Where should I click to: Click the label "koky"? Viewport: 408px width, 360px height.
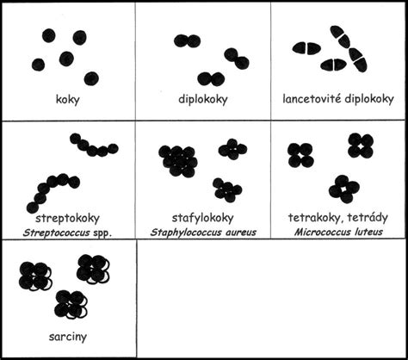[67, 100]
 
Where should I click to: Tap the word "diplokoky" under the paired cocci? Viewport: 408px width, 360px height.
[203, 99]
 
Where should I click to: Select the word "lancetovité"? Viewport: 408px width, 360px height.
[312, 99]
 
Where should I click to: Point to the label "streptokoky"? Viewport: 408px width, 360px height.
[67, 218]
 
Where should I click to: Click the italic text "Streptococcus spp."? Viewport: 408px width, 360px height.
[67, 233]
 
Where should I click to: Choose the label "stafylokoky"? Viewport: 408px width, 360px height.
[203, 218]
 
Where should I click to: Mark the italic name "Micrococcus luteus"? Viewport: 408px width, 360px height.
[338, 232]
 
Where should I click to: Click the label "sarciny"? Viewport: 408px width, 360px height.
[68, 337]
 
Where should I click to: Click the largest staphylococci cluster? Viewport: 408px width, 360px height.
[178, 161]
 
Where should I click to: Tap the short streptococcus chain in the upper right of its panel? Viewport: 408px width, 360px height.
[94, 146]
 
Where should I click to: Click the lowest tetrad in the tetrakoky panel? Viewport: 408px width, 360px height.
[343, 189]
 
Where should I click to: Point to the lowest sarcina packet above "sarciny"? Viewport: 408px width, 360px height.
[71, 304]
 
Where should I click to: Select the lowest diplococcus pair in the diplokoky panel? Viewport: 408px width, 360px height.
[211, 78]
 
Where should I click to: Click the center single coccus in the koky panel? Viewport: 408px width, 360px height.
[66, 59]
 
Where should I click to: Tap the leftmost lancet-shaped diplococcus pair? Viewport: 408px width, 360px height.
[306, 48]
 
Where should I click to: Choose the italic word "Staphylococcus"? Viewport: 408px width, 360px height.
[186, 233]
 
